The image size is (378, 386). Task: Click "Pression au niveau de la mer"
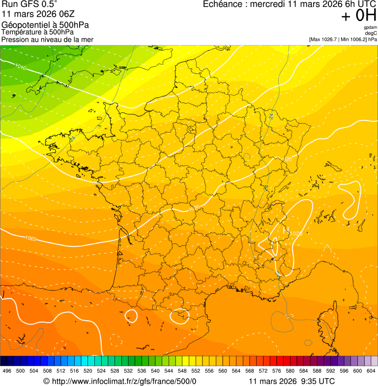coord(47,39)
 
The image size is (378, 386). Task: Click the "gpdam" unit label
coord(371,28)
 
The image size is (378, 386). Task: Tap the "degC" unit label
coord(371,33)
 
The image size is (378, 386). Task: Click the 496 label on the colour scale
coord(7,371)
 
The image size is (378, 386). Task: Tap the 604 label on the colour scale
coord(371,371)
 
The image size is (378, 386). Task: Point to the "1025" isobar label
coord(295,233)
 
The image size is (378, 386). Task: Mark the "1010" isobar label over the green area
coord(21,66)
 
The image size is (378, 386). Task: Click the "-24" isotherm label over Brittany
coord(72,139)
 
